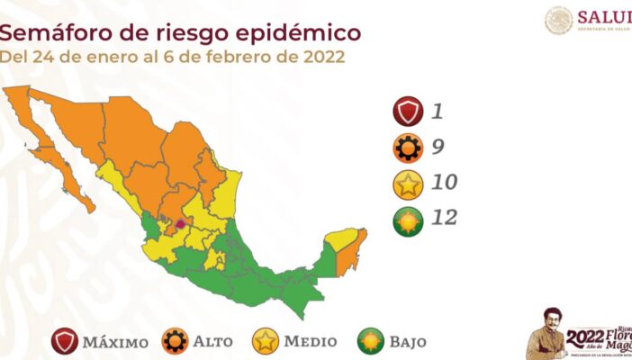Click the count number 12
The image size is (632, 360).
click(x=444, y=218)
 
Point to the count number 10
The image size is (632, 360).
click(x=444, y=183)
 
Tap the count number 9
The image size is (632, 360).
click(x=438, y=147)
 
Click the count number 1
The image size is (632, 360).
click(x=437, y=112)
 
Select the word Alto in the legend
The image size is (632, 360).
click(x=212, y=341)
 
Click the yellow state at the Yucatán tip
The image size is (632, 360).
click(x=342, y=238)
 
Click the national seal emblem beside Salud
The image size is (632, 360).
click(x=558, y=21)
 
